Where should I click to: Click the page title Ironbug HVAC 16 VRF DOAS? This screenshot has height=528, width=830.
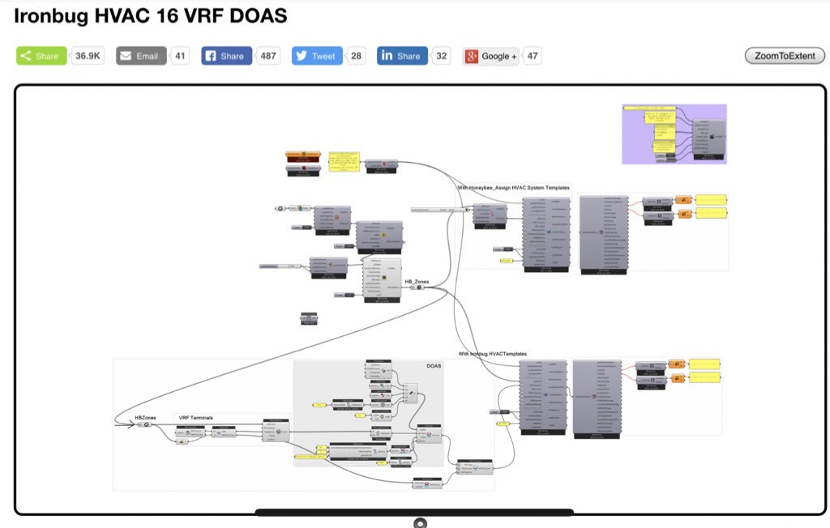coord(150,16)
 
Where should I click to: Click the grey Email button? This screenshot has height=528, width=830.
coord(141,56)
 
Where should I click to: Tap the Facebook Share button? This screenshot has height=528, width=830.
coord(226,56)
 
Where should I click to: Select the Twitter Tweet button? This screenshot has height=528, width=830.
coord(316,56)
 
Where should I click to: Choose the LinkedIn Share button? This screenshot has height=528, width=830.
coord(402,56)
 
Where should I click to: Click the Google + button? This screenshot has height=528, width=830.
coord(490,56)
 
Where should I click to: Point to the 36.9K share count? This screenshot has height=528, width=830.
coord(88,56)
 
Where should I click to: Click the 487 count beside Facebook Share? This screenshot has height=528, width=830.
coord(268,56)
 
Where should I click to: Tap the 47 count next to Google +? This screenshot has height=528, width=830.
coord(533,56)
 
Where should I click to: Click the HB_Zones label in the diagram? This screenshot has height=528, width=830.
coord(417,281)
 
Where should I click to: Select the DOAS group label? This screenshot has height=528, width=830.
coord(434,366)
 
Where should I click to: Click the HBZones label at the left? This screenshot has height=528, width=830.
coord(146,417)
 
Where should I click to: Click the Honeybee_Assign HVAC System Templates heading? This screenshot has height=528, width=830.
coord(513,188)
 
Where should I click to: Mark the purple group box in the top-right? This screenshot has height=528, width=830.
coord(674,134)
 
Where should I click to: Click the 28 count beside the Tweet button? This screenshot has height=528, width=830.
coord(357,56)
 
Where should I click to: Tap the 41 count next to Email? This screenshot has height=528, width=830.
coord(180,56)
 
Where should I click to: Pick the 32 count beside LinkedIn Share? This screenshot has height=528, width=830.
coord(442,56)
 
